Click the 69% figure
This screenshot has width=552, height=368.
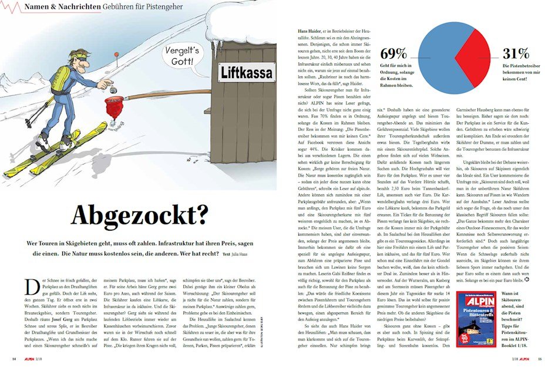point(394,53)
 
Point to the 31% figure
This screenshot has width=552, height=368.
point(515,53)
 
